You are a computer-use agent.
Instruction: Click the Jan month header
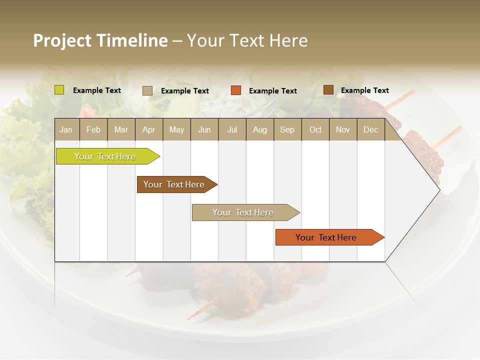coord(66,129)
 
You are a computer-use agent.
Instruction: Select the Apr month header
coord(148,129)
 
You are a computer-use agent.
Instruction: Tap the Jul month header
coord(232,129)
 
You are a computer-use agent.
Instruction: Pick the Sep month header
coord(287,129)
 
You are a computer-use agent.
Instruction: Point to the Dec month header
coord(370,129)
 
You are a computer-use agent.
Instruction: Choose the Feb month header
coord(93,129)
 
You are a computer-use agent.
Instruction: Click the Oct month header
coord(315,129)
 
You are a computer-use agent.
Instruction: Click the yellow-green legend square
coord(59,90)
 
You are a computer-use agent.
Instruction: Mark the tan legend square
coord(147,90)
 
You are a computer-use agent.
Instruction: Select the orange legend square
coord(236,90)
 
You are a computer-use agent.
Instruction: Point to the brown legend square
coord(328,90)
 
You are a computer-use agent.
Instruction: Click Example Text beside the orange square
coord(272,91)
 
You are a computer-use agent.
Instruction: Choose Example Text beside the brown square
coord(364,90)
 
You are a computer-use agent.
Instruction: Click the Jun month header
coord(204,129)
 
